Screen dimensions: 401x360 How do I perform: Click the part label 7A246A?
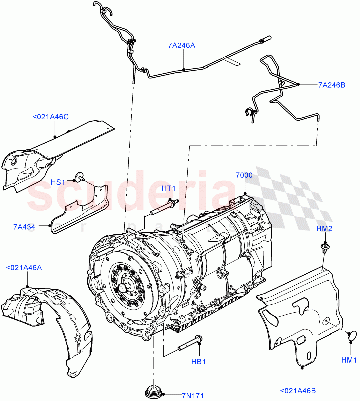pyautogui.click(x=181, y=45)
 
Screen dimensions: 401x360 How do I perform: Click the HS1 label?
pyautogui.click(x=58, y=182)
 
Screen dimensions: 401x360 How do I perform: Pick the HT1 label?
pyautogui.click(x=169, y=188)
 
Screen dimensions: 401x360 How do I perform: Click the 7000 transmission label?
pyautogui.click(x=244, y=175)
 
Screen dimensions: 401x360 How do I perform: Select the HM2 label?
pyautogui.click(x=324, y=229)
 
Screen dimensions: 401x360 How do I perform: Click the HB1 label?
pyautogui.click(x=199, y=362)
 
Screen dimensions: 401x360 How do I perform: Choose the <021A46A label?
pyautogui.click(x=24, y=268)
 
